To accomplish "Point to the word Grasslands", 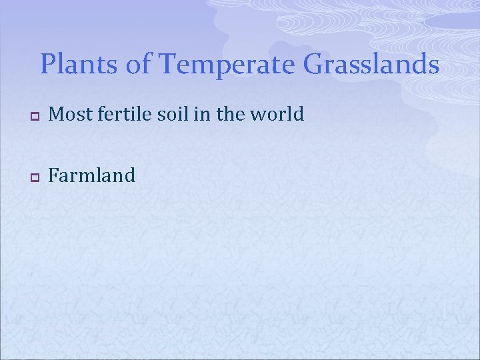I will tap(371, 65).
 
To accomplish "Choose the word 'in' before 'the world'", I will tap(204, 115).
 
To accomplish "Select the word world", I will tap(279, 115).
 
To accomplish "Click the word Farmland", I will tap(92, 175).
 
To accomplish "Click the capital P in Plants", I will tap(48, 65).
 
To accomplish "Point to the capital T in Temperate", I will tap(169, 65).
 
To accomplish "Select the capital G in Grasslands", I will tap(314, 65).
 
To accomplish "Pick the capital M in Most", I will tap(57, 115).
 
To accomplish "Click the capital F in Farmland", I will tap(54, 175).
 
